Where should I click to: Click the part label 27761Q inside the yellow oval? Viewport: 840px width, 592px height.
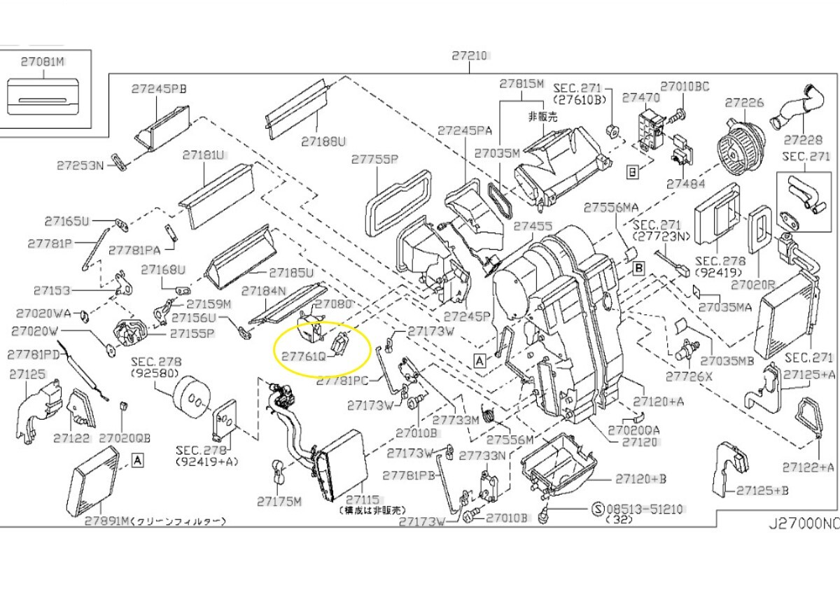[x=304, y=357]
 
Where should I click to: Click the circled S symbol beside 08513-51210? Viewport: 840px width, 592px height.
[x=598, y=509]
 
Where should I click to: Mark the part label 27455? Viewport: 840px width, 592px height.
[x=533, y=227]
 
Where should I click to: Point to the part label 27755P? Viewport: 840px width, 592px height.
[x=374, y=160]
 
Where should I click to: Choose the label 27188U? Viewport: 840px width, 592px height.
[x=324, y=141]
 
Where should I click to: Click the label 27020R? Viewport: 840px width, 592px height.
[x=753, y=285]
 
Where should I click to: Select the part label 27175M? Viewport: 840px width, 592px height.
[x=279, y=501]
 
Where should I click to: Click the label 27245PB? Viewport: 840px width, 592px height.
[x=159, y=88]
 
